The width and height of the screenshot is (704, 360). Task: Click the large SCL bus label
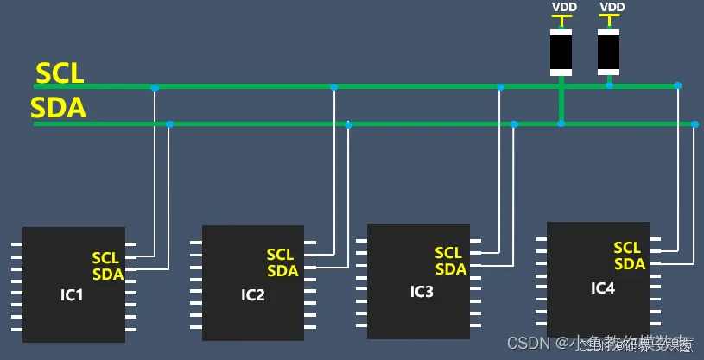[x=60, y=73]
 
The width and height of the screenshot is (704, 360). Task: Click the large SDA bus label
[x=58, y=108]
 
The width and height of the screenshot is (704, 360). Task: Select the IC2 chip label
[x=252, y=294]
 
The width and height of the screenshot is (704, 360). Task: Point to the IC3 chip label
[x=422, y=291]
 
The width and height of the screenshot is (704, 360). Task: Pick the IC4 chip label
[x=602, y=287]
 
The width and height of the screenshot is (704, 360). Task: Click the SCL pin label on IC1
[x=105, y=258]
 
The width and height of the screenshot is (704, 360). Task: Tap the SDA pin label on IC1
[x=108, y=274]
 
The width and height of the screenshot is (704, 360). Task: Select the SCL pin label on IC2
[x=280, y=255]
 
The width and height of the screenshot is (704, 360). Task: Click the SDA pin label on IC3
[x=450, y=268]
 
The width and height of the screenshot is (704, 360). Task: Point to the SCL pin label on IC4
[x=627, y=249]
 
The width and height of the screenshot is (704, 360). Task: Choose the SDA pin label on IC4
[x=630, y=264]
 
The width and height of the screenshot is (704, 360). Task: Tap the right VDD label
[x=611, y=7]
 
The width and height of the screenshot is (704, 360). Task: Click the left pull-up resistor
[x=561, y=52]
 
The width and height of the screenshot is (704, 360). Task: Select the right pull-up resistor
[x=609, y=52]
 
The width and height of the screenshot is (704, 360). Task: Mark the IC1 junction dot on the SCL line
[x=155, y=87]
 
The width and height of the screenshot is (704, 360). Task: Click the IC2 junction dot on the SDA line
[x=348, y=125]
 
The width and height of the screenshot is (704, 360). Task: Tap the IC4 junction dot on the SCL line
[x=677, y=85]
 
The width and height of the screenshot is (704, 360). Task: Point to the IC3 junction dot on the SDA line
[x=514, y=124]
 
